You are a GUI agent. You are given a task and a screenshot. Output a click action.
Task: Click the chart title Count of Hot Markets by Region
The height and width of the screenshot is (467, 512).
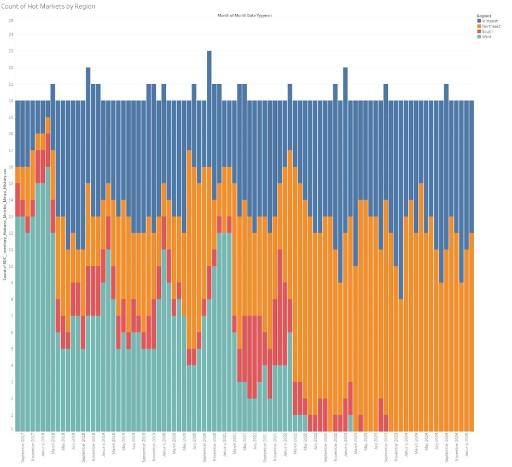(x=48, y=6)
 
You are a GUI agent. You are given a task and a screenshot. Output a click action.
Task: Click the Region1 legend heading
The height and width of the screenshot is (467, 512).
(x=485, y=16)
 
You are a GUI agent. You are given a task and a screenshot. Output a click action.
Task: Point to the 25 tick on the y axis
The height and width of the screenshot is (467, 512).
(x=10, y=21)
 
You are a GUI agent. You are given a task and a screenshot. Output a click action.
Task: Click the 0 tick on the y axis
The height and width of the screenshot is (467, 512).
(x=11, y=429)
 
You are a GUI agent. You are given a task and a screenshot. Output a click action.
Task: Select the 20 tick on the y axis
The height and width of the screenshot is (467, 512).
(x=10, y=101)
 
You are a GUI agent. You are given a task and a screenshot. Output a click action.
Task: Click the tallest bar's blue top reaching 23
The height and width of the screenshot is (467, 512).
(x=209, y=66)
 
